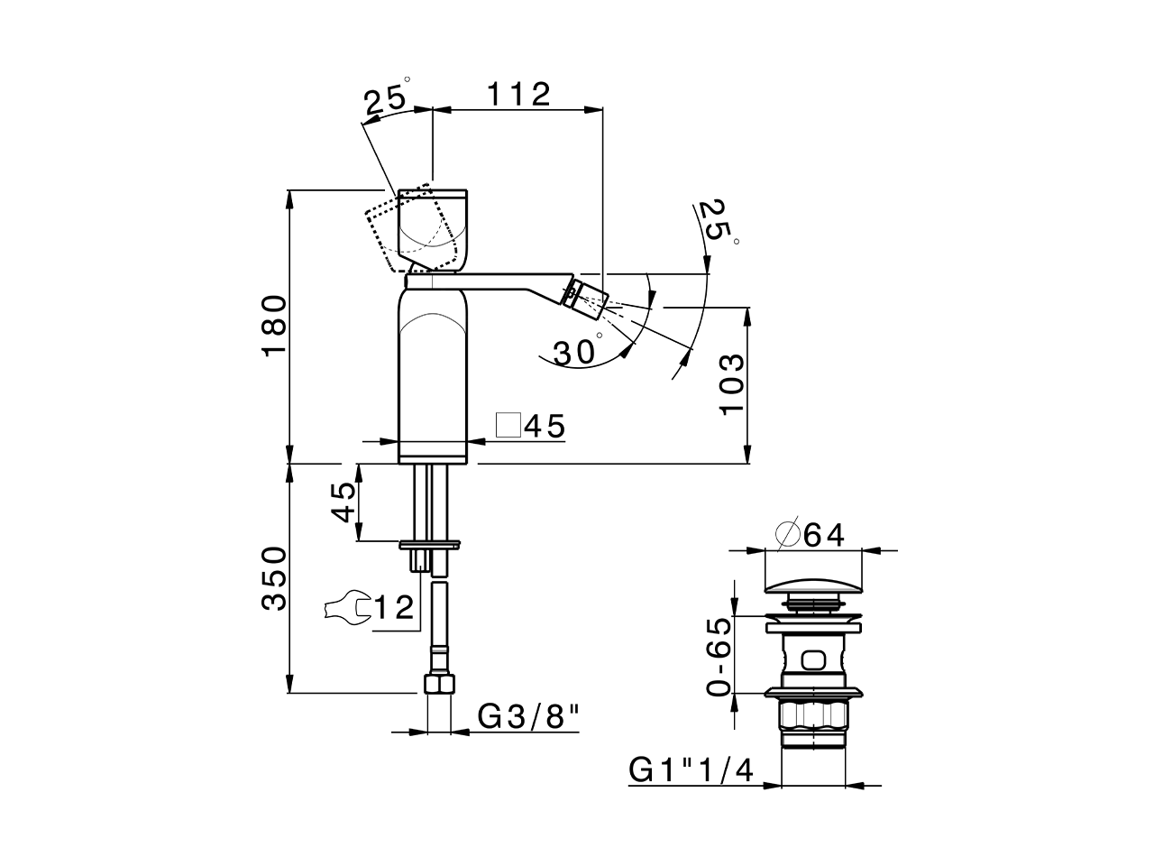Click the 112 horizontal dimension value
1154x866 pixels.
518,94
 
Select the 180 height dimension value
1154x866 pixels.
275,326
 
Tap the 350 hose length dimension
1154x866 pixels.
275,578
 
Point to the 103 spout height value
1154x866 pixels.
732,383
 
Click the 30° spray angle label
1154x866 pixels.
577,352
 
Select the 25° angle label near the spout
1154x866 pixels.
718,221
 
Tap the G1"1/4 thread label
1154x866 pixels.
691,771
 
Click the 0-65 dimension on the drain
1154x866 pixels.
719,656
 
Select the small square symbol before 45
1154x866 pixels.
509,426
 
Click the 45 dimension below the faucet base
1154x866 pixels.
343,502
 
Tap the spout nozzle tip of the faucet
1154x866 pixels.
586,298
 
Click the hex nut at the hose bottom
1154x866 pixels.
437,683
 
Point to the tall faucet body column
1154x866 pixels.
434,370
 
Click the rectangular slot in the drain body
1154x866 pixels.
813,661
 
